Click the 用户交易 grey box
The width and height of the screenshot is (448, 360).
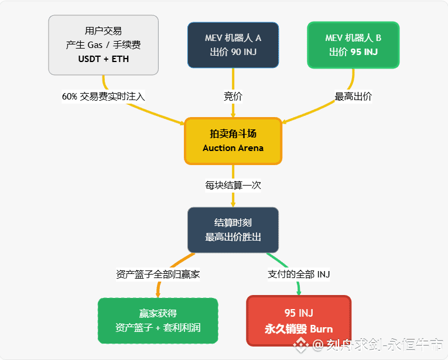(x=103, y=45)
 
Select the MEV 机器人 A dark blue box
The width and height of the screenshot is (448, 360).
(x=233, y=45)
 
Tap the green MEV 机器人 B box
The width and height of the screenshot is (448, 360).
(x=353, y=45)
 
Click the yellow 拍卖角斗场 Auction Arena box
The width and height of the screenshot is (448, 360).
(x=233, y=140)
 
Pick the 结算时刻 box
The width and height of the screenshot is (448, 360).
(x=233, y=229)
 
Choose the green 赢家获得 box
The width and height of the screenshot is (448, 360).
(x=158, y=321)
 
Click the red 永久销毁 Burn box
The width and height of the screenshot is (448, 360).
(x=299, y=321)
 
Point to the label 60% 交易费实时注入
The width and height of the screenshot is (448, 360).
(x=103, y=97)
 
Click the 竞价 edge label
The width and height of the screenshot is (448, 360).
(x=233, y=97)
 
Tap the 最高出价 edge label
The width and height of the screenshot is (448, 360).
(x=353, y=97)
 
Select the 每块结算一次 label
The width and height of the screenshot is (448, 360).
(x=233, y=185)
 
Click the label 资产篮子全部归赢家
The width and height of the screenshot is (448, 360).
(x=158, y=274)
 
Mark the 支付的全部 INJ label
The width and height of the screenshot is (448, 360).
(x=299, y=274)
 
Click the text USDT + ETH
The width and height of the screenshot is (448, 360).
(x=103, y=59)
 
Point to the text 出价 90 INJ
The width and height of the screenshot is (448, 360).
(x=233, y=52)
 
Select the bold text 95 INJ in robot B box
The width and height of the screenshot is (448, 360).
(x=363, y=52)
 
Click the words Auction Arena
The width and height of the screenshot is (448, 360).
(x=233, y=148)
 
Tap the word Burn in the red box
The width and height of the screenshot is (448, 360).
(x=321, y=328)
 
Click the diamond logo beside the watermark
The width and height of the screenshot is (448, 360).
(x=302, y=345)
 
